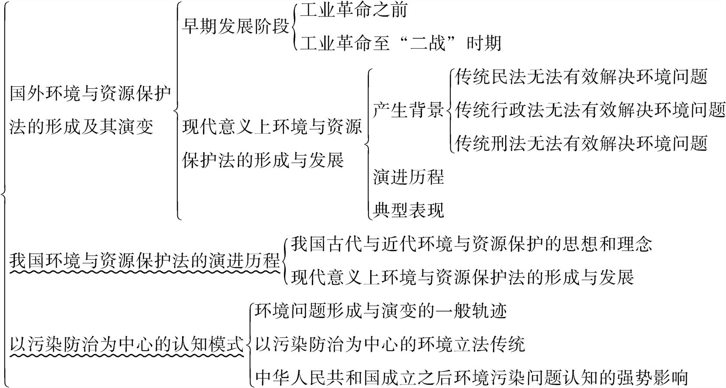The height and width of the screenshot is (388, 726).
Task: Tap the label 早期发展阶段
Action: click(x=235, y=27)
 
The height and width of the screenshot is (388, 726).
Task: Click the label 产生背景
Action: click(x=408, y=110)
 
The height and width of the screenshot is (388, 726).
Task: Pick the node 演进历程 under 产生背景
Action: click(x=408, y=177)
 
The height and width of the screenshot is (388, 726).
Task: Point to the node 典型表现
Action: click(x=408, y=210)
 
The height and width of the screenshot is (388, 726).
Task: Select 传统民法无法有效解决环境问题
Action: click(x=581, y=77)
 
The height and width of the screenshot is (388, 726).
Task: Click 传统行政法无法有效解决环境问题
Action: click(x=590, y=110)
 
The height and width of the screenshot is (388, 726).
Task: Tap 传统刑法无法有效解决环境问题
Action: click(x=581, y=143)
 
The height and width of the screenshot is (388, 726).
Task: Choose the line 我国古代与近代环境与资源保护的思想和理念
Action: click(x=471, y=244)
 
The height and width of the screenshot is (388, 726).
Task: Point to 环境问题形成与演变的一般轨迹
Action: click(x=381, y=311)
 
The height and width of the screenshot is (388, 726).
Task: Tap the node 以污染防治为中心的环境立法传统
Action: click(x=390, y=344)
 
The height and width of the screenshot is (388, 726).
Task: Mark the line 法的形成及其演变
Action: click(x=81, y=127)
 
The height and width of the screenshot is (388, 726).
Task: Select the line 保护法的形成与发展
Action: click(x=263, y=160)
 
